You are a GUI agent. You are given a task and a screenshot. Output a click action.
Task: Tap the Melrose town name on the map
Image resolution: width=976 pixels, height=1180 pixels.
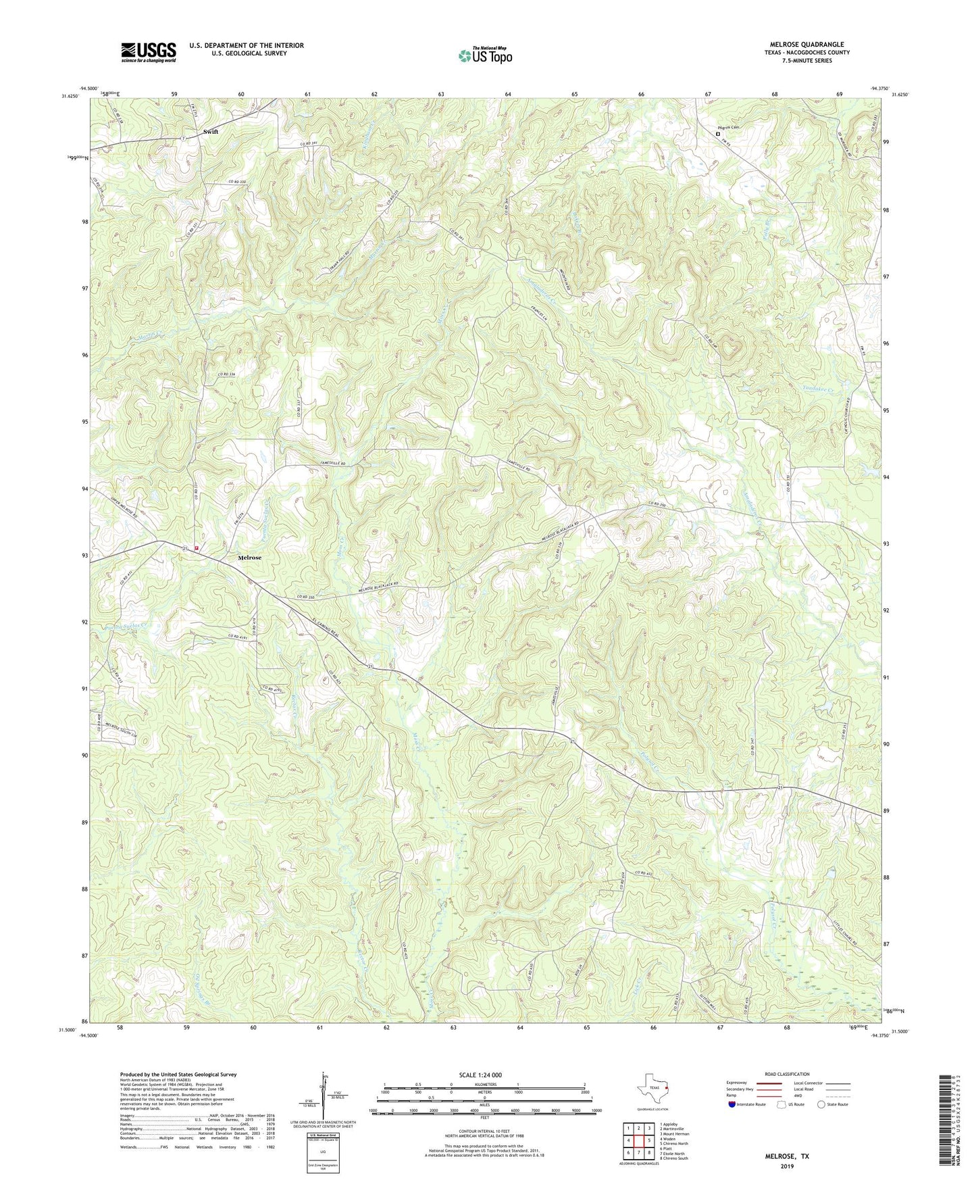249,558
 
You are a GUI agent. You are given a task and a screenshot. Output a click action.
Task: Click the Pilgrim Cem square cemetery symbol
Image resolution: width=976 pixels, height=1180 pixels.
719,134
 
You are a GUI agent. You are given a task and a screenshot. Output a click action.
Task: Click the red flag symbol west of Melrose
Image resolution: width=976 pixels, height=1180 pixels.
197,548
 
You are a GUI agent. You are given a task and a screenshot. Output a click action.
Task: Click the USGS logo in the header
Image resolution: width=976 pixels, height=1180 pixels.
149,52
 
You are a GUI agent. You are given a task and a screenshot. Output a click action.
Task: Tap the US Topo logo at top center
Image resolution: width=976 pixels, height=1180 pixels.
484,55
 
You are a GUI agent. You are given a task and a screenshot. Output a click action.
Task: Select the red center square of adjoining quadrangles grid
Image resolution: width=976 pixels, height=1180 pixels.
638,1141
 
